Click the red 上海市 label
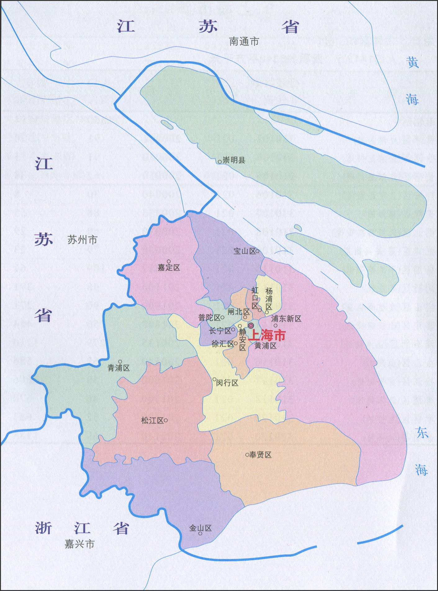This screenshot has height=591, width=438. point(268,335)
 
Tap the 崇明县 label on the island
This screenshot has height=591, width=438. point(234,160)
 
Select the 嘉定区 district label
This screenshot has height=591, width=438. point(169,267)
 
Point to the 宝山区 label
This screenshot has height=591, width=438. point(244,251)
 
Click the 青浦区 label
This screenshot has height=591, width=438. point(119,368)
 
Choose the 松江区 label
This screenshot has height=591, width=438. point(152,421)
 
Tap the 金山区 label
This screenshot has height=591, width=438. point(201,528)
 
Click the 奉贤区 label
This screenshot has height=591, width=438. point(260,455)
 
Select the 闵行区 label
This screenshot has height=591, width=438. point(227,383)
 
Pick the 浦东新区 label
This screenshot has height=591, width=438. point(286,319)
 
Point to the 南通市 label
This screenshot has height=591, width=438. point(244,41)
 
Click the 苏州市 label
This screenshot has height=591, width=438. point(82,240)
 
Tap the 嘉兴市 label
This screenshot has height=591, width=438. point(79,544)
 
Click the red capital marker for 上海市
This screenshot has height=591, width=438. point(251,325)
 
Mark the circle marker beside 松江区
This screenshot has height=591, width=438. point(166,421)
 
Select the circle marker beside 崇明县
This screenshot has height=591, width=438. point(220,162)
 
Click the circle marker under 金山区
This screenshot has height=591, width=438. point(200,534)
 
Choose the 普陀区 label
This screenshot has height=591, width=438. point(209,318)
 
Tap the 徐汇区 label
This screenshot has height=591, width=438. point(223,344)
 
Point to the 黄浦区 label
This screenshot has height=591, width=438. point(265,346)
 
